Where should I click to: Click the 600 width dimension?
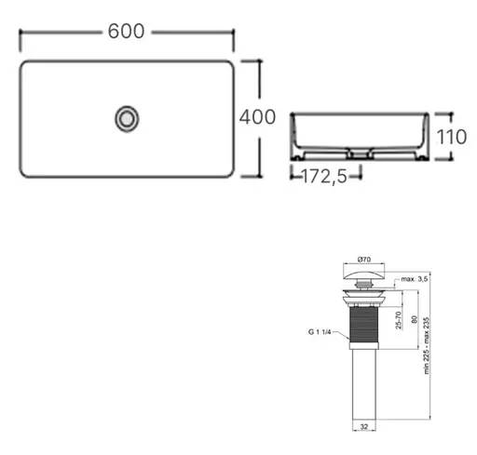point(127,31)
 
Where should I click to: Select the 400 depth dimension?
point(257,118)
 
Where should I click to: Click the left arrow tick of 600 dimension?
point(20,32)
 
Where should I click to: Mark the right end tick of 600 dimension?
point(233,32)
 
